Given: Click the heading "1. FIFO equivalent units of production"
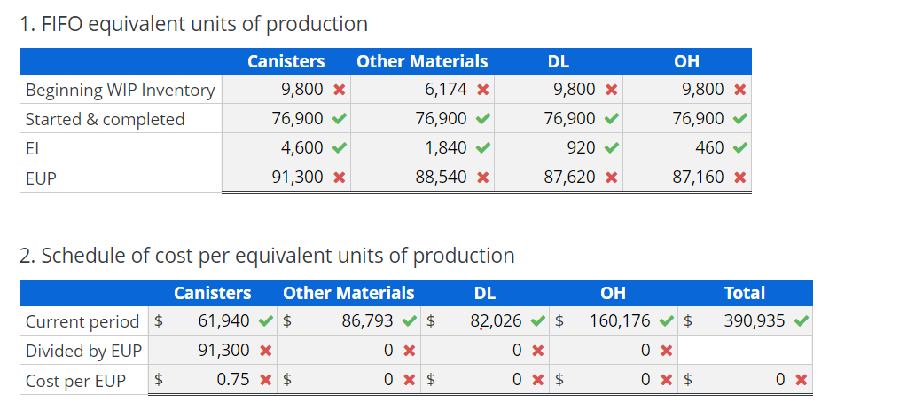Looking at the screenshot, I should [x=193, y=24].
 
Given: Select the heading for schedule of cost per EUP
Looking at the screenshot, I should [x=267, y=256].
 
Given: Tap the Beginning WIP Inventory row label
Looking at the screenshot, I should [x=120, y=90].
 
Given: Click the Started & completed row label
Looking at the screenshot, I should [x=105, y=119].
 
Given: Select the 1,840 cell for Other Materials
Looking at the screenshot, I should [x=441, y=147].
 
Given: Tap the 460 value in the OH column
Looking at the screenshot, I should [x=707, y=147].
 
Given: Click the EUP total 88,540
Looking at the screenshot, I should [x=441, y=177].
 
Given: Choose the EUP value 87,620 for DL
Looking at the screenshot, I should [x=569, y=177].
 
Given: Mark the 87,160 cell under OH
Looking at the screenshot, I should [x=698, y=177].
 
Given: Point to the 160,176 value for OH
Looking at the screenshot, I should [x=620, y=320].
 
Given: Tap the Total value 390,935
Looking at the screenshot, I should [x=755, y=320].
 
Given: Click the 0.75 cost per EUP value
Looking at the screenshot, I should [x=232, y=380].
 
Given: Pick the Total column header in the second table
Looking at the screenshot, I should [x=744, y=293].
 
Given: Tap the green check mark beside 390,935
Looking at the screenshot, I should [x=801, y=321].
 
